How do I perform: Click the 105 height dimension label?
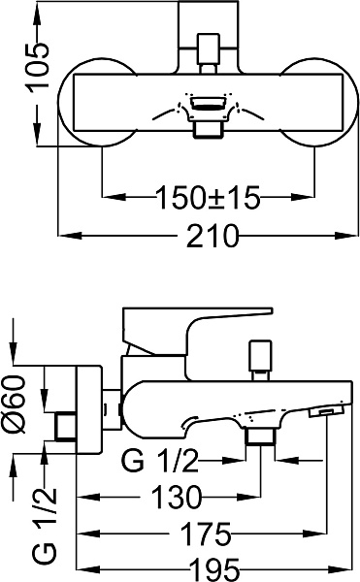[38, 66]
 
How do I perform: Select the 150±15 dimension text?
[208, 197]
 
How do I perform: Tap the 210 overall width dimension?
[212, 236]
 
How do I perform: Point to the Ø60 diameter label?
[15, 404]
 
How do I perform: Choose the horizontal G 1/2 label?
[160, 461]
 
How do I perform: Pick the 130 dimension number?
[177, 497]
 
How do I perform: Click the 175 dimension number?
[206, 534]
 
